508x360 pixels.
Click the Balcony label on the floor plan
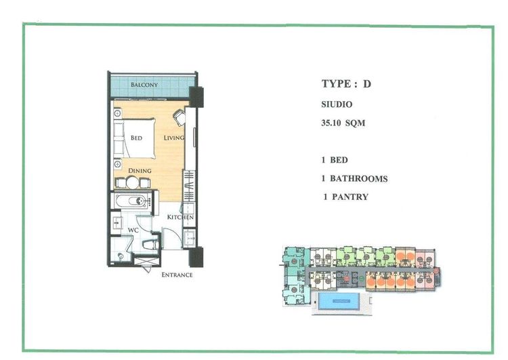[144, 85]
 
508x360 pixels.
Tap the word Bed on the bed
[136, 138]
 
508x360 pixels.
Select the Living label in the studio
[174, 138]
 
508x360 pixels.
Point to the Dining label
[140, 171]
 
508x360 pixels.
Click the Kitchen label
[180, 217]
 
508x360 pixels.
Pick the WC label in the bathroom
[133, 230]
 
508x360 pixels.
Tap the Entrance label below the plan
[177, 275]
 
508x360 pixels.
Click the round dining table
[132, 182]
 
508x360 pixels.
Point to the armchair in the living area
[179, 117]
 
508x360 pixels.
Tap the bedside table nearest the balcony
[117, 113]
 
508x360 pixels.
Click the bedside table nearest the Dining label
[117, 164]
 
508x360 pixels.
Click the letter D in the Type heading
[366, 84]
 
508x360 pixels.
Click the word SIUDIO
[337, 104]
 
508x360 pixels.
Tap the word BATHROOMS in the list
[358, 179]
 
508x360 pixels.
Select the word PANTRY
[350, 197]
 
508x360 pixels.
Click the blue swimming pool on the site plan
[339, 301]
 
